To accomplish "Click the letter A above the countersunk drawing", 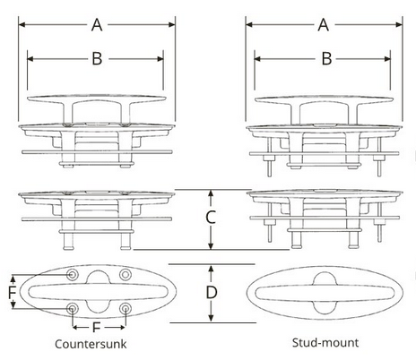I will (x=96, y=25).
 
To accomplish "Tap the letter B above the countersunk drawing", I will (x=96, y=60).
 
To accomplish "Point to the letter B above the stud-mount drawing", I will (x=327, y=60).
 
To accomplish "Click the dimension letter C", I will (x=209, y=218).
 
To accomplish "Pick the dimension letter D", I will (x=211, y=293).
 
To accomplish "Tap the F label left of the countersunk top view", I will (x=12, y=292).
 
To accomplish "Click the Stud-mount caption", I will (x=325, y=343).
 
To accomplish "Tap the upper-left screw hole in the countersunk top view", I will (x=73, y=273).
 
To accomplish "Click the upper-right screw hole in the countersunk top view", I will (x=125, y=273).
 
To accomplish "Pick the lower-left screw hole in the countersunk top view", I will (x=73, y=309).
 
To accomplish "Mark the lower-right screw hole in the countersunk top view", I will (x=125, y=309).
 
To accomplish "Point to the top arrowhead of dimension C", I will (x=210, y=192).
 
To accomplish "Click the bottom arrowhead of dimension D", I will (x=210, y=320).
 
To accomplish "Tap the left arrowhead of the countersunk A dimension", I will (x=21, y=26).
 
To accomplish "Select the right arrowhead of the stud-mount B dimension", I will (x=392, y=60).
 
